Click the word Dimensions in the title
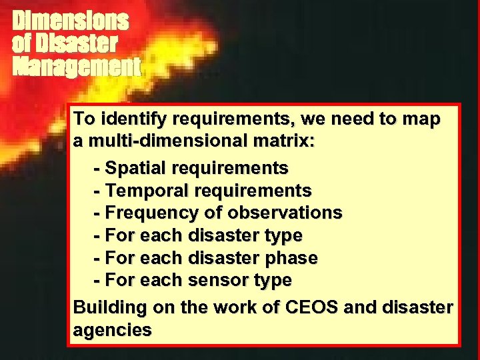(70, 21)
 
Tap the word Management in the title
(77, 67)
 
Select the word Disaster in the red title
(77, 44)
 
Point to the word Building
(110, 308)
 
